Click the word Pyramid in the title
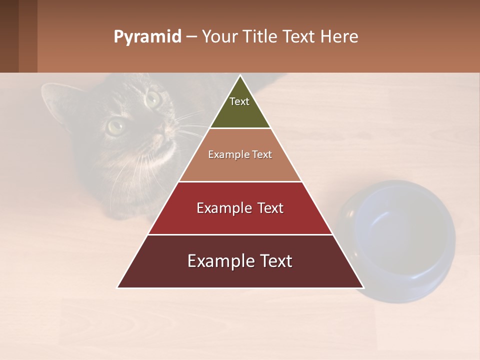pos(147,37)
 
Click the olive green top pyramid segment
pos(240,112)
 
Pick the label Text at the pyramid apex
pos(239,101)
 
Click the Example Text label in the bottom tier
pos(240,261)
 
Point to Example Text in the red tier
pos(240,208)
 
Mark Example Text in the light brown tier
pos(240,154)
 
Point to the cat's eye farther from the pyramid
pos(116,125)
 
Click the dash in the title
pos(191,37)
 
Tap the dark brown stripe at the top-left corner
pos(9,36)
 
